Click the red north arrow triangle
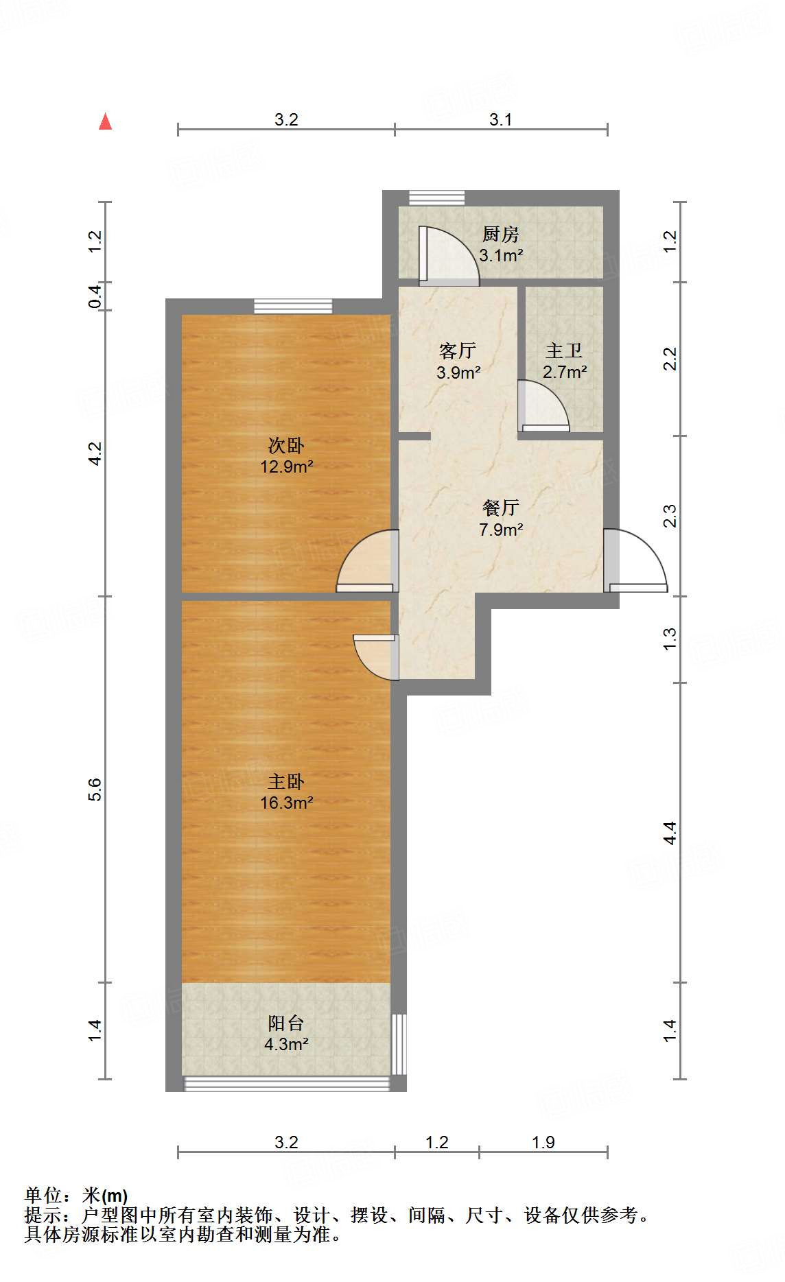pos(105,122)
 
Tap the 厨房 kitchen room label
pos(500,235)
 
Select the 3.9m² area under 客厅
pos(458,373)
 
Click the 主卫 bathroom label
pos(563,351)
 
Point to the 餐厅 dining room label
pos(500,508)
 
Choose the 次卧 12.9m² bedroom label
pos(286,456)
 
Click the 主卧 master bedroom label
pos(286,782)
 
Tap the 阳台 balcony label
pos(286,1023)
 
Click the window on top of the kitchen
pos(437,198)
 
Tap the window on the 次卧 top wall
pos(293,306)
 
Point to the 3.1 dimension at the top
pos(500,119)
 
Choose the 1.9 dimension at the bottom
pos(543,1142)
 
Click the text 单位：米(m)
pos(76,1196)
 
